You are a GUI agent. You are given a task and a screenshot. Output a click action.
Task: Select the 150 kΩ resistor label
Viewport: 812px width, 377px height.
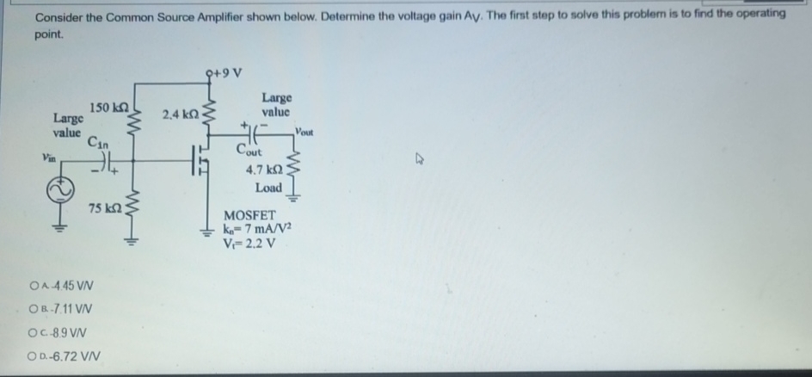pos(108,107)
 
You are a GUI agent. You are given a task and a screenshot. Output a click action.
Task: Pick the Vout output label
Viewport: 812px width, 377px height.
pos(306,132)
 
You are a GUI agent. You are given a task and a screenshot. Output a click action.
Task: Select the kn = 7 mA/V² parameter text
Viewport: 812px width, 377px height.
pos(257,227)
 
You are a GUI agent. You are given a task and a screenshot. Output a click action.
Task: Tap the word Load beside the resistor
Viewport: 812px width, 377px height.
pos(269,188)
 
